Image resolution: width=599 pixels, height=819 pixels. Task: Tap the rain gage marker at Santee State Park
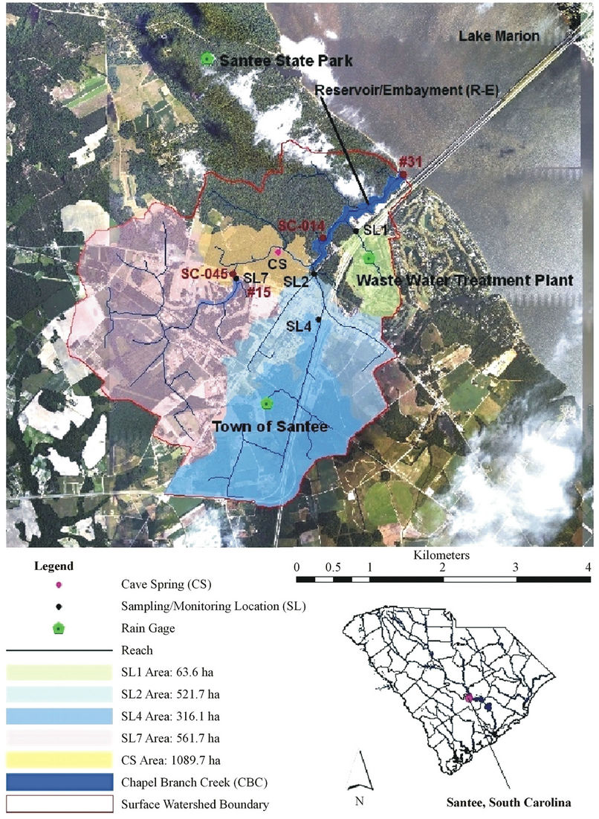pos(208,59)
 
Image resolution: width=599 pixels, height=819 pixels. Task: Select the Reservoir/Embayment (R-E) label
pos(407,89)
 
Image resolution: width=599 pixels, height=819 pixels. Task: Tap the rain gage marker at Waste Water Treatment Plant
pos(370,258)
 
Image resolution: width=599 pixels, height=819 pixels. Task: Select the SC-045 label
pos(205,273)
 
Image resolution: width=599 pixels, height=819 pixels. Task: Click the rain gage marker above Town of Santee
pos(267,404)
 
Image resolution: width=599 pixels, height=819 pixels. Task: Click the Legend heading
pos(54,566)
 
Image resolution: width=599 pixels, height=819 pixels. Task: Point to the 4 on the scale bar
pos(588,567)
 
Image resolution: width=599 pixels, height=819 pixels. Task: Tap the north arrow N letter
pos(359,801)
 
